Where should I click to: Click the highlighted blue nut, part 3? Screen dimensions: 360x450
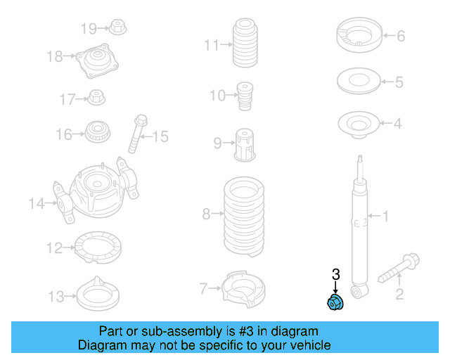(x=335, y=302)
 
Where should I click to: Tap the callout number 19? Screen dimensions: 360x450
(x=89, y=29)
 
